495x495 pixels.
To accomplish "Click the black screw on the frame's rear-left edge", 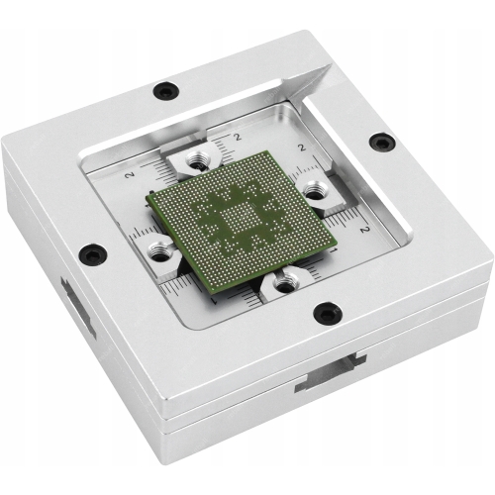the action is click(166, 90).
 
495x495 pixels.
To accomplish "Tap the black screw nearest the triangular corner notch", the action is click(382, 142).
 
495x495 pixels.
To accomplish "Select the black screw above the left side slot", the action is click(93, 253).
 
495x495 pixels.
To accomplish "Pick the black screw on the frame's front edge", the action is click(328, 313).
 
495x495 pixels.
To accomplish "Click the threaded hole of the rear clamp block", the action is click(196, 159).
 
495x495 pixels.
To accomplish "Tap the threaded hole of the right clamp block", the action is click(315, 190).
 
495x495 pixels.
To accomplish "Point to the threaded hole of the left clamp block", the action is click(159, 250).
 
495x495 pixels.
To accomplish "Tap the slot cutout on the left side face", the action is click(78, 307).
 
